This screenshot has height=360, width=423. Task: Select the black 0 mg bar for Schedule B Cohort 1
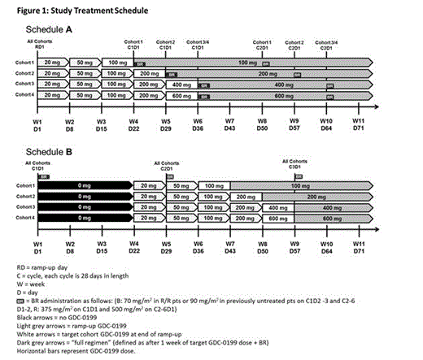(84, 185)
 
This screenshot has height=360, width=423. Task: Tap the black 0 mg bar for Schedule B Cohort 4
(84, 218)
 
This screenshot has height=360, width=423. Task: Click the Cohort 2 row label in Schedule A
(23, 73)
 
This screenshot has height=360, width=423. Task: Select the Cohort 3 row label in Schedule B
(23, 207)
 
